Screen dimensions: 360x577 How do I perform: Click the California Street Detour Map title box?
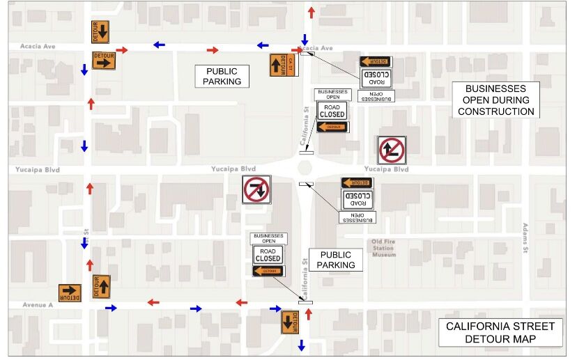pos(500,333)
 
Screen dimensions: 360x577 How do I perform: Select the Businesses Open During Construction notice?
pos(495,100)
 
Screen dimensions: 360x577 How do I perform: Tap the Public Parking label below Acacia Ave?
pos(222,76)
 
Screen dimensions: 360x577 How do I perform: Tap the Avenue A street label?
pos(38,305)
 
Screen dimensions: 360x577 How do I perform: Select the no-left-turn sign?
pos(392,150)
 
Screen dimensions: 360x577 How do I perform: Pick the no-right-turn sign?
pos(256,189)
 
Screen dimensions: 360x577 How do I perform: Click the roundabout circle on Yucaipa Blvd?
pos(305,168)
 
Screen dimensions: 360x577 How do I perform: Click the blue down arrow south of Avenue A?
pos(302,345)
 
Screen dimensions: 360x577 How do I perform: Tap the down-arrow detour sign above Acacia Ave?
pos(101,31)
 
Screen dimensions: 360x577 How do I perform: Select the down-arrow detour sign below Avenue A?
pos(290,322)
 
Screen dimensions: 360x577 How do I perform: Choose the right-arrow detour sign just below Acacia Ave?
pos(104,61)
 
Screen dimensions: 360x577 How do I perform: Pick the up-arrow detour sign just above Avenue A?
pos(102,285)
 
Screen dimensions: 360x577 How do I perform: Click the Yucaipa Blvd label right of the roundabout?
pos(385,169)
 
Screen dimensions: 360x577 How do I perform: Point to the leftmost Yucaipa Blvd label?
pos(38,169)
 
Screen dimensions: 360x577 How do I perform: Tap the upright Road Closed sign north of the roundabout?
pos(332,110)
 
